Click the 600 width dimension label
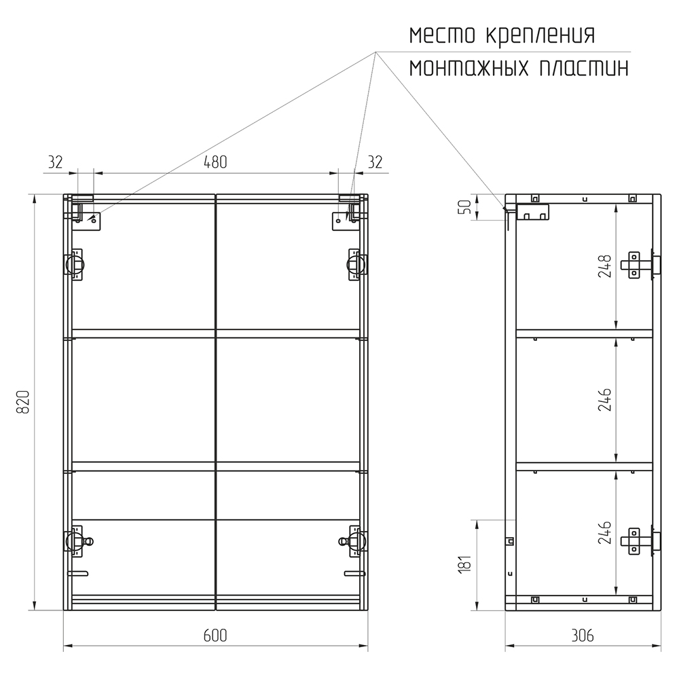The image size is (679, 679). pos(215,636)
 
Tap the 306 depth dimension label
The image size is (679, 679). pos(582,636)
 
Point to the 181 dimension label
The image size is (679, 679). pos(465,564)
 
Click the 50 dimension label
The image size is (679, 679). pos(465,207)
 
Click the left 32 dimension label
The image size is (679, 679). pos(55,162)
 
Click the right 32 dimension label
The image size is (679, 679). pos(375,162)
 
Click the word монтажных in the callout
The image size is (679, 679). pos(469,68)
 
